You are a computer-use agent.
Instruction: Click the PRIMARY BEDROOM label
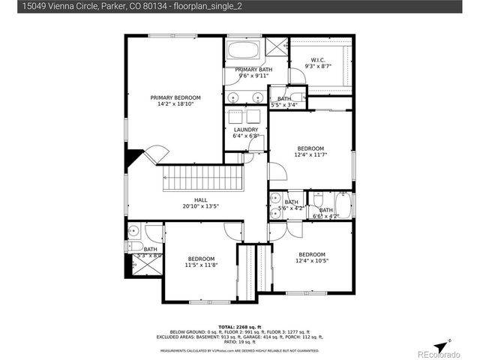coord(175,97)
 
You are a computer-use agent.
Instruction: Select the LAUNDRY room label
coord(246,130)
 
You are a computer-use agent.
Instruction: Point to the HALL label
coord(200,199)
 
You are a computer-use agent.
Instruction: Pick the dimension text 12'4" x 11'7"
coord(310,155)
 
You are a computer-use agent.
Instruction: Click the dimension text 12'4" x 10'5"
coord(311,261)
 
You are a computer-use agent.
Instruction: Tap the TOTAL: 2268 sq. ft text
coord(240,327)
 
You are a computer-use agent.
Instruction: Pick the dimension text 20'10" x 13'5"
coord(200,206)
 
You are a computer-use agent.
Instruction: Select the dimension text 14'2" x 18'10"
coord(175,104)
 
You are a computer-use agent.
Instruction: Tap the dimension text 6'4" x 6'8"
coord(246,136)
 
